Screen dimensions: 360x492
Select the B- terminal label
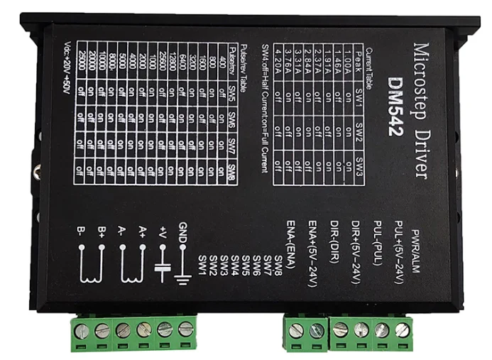pyautogui.click(x=82, y=231)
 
